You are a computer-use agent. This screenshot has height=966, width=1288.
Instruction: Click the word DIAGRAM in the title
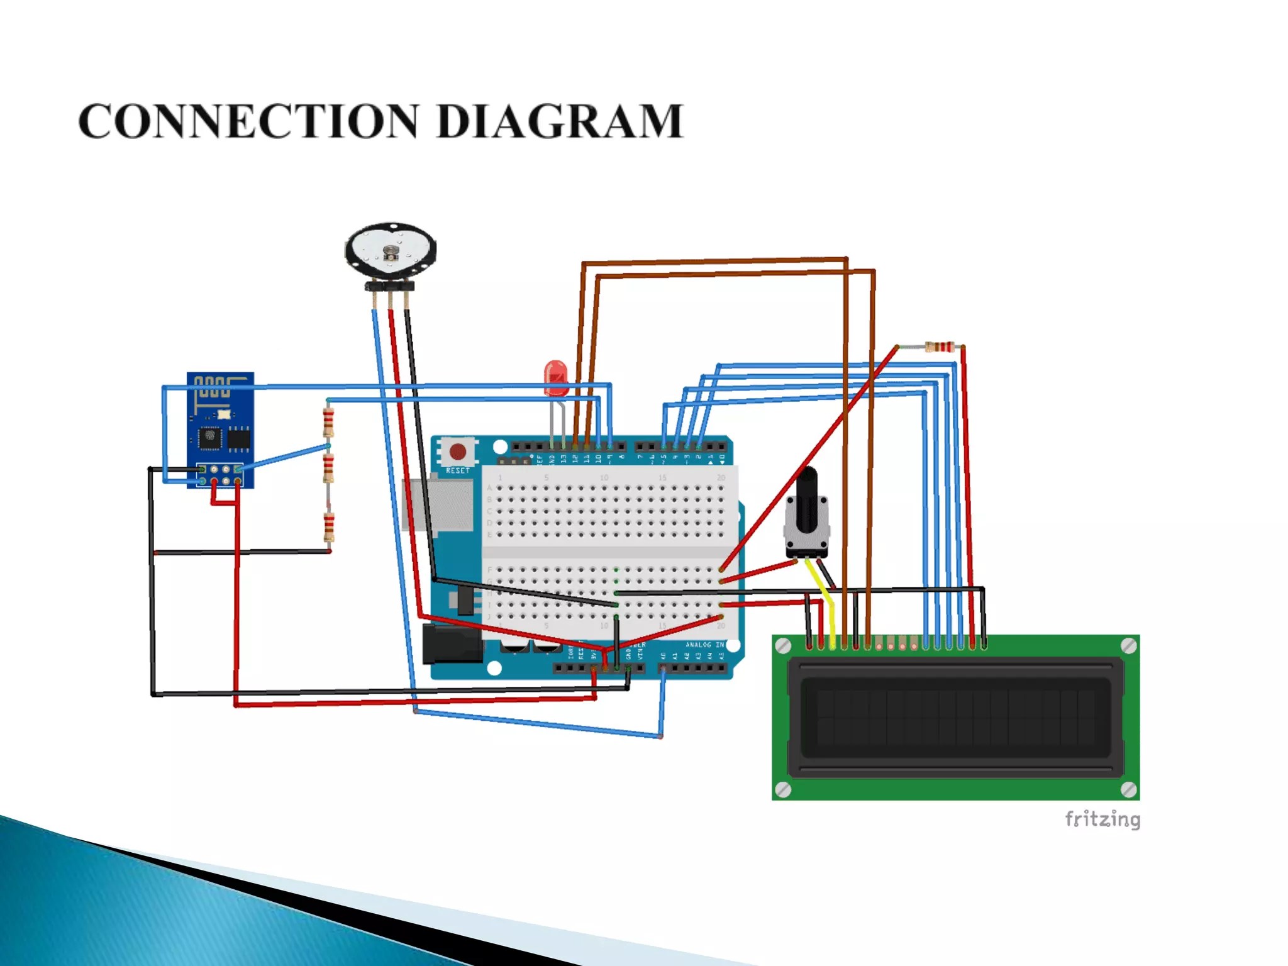coord(559,121)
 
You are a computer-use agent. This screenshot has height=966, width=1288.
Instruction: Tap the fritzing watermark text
coord(1102,819)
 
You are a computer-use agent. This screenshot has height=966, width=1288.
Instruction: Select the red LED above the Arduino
coord(555,377)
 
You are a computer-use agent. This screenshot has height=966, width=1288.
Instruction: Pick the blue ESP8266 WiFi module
coord(220,430)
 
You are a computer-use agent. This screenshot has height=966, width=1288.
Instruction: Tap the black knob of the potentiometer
coord(807,503)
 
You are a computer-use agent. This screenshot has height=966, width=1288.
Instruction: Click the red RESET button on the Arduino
coord(457,452)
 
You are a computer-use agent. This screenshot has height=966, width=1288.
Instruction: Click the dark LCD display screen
coord(955,717)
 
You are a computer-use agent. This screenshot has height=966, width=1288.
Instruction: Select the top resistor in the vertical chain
coord(328,422)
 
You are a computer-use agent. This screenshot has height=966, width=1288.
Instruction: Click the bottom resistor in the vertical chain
coord(328,527)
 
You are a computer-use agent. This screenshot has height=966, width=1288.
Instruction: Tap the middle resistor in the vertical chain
coord(328,468)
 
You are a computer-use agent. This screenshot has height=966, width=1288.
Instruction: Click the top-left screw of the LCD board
coord(783,646)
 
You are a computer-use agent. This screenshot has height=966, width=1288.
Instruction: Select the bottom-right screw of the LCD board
coord(1128,789)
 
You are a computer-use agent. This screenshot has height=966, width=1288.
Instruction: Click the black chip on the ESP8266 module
coord(210,436)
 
